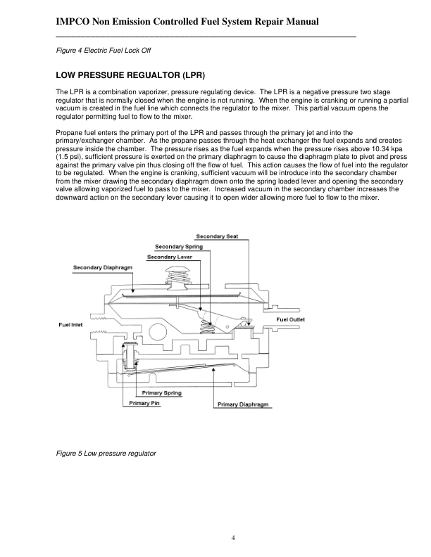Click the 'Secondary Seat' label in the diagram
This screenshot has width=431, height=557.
click(x=218, y=236)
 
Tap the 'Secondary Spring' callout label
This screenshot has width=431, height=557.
click(x=179, y=247)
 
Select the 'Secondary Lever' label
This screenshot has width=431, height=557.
click(x=170, y=257)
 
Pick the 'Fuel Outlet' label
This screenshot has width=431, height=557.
click(x=290, y=320)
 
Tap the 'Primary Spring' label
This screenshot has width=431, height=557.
click(x=162, y=392)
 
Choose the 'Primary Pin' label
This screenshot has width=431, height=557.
click(x=144, y=403)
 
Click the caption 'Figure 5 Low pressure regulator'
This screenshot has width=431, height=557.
click(x=106, y=453)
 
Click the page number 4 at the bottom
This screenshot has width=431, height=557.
click(x=232, y=538)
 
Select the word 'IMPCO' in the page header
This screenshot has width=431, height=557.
click(x=75, y=23)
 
